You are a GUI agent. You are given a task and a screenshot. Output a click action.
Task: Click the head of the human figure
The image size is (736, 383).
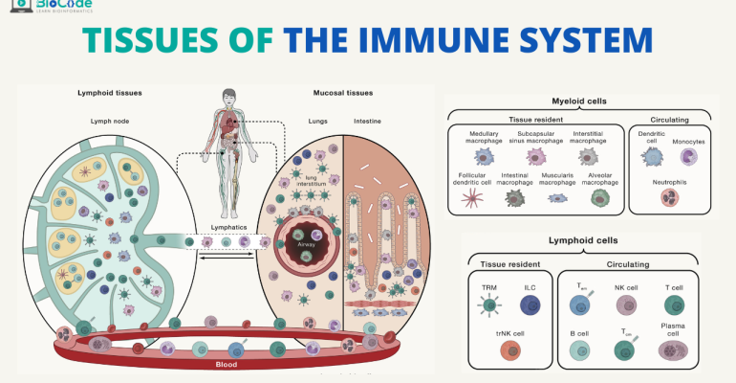[227, 95]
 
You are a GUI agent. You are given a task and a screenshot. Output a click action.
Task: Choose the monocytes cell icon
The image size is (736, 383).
[688, 157]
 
